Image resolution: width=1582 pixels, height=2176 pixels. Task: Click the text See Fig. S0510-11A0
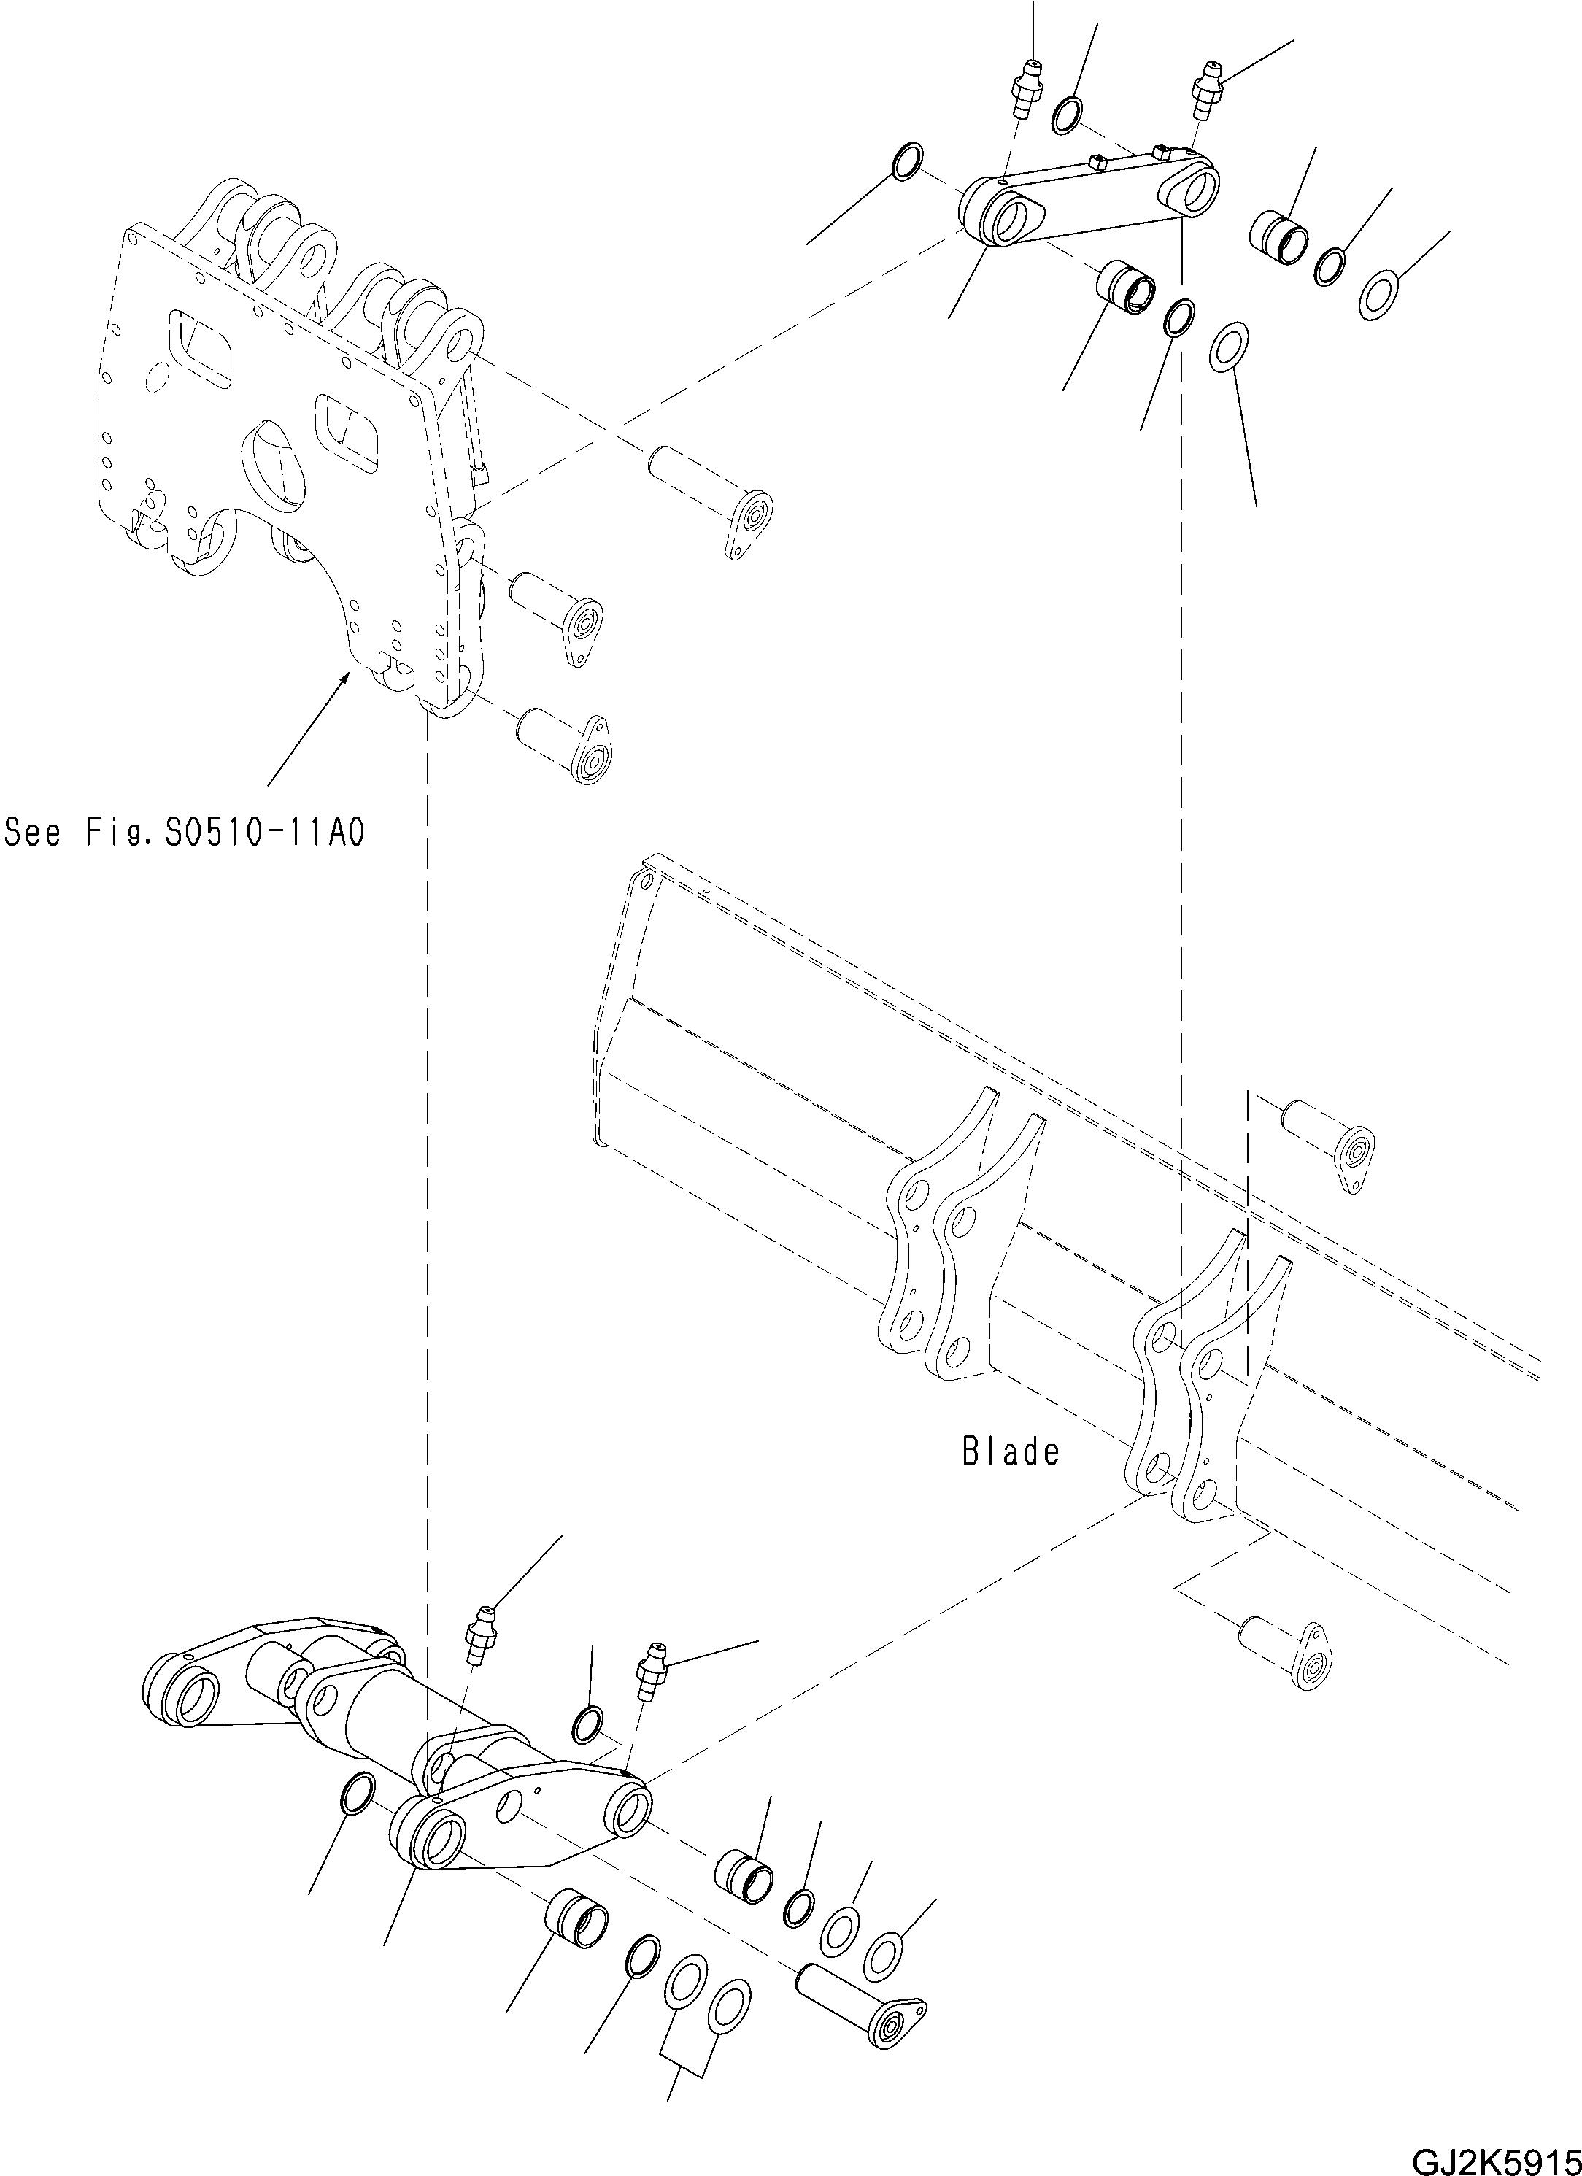click(184, 831)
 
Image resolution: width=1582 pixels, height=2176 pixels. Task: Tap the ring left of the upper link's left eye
click(908, 161)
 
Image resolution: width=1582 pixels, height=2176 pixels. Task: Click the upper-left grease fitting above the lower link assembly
click(481, 1642)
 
